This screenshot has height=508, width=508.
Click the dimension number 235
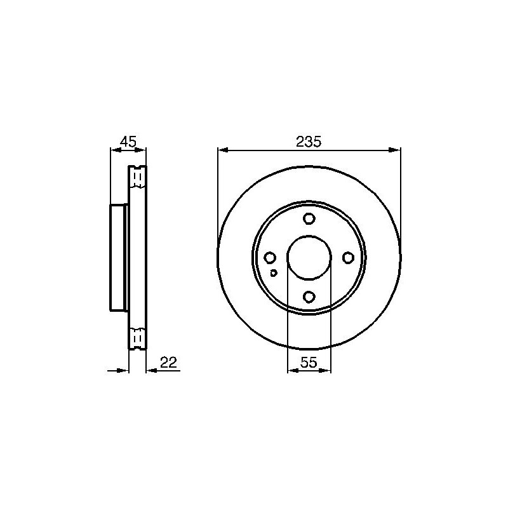[309, 142]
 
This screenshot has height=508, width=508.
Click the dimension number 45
[128, 142]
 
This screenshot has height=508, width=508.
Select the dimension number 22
[169, 362]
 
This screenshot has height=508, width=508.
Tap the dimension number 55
[309, 362]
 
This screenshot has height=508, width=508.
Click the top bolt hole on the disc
[309, 218]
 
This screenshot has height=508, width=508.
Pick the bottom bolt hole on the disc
[309, 297]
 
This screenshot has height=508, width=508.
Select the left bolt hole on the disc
[270, 258]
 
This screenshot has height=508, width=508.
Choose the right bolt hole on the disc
[348, 258]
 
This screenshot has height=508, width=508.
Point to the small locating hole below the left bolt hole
[274, 273]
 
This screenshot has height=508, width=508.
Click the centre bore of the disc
[309, 258]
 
